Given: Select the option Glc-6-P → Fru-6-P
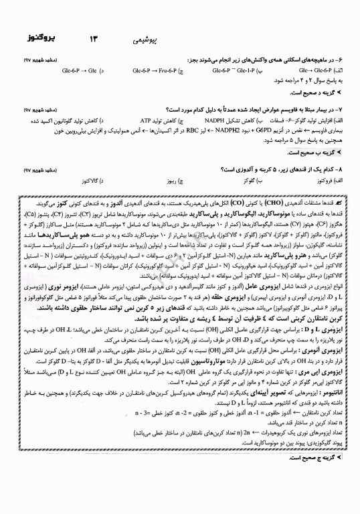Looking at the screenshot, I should pyautogui.click(x=155, y=70).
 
